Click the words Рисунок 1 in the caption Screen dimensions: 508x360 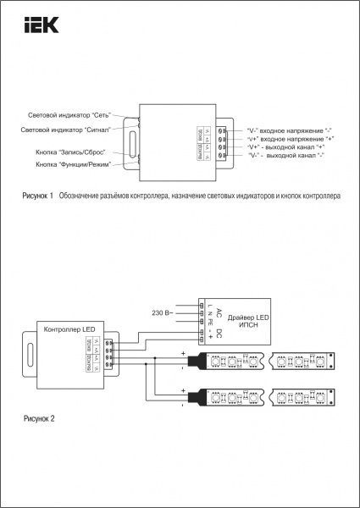(38, 196)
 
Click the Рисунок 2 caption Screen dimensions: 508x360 (39, 418)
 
